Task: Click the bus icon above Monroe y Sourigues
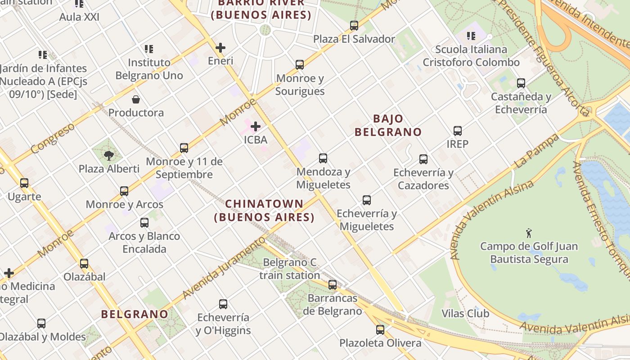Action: point(300,65)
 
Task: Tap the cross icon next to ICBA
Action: point(256,126)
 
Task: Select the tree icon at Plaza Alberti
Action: point(108,156)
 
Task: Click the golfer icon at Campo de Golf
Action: point(529,233)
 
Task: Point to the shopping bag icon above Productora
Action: point(136,99)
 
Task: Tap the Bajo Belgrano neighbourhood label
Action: point(388,125)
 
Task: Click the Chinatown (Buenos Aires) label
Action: point(264,211)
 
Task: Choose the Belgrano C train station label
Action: point(290,269)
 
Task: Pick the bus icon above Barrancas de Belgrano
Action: point(332,285)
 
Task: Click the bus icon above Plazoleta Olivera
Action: point(380,330)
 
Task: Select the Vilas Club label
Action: point(465,313)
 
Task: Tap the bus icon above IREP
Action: point(458,131)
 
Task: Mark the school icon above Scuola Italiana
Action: point(471,36)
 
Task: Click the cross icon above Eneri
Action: point(220,47)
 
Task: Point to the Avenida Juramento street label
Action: point(224,269)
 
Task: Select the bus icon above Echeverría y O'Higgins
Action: point(223,304)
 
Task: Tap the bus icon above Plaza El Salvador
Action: point(354,26)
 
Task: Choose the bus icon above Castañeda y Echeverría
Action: point(521,83)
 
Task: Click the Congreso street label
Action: point(53,138)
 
